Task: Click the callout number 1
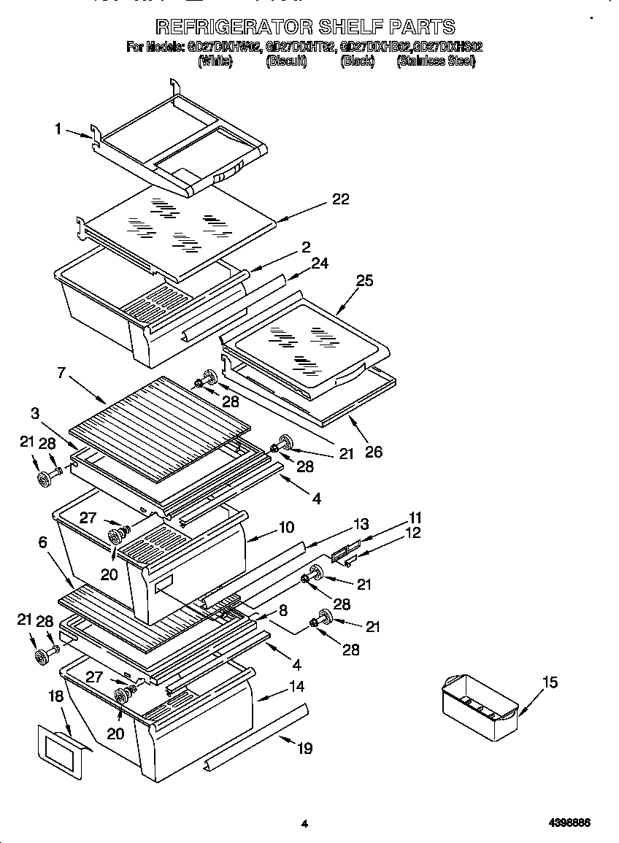[57, 129]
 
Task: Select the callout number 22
[340, 199]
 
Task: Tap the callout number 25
[364, 280]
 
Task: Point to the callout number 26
[373, 453]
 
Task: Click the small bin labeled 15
[480, 705]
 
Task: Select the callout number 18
[56, 697]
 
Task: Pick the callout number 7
[61, 373]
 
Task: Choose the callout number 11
[415, 517]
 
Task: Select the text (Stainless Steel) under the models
[436, 62]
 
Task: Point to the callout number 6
[42, 542]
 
